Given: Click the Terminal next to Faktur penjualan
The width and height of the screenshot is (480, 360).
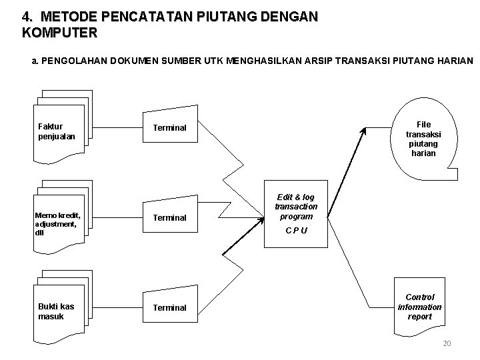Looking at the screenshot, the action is [x=169, y=127].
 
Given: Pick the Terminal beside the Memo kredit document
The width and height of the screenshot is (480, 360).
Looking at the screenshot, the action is [x=169, y=217].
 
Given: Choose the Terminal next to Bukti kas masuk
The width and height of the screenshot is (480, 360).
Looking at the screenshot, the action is [x=169, y=307].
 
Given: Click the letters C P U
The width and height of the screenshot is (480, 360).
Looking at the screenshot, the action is [x=297, y=231].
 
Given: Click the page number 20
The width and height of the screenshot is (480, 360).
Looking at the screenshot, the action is [x=447, y=343].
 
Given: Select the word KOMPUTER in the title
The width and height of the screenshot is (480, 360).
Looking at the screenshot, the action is [x=59, y=31].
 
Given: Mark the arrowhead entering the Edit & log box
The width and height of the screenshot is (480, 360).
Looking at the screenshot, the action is [x=261, y=215].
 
